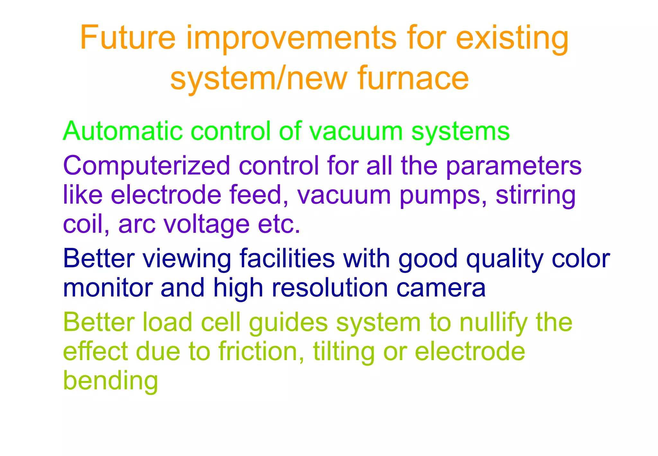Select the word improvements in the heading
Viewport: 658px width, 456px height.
pyautogui.click(x=291, y=39)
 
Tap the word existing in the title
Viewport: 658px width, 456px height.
pyautogui.click(x=512, y=39)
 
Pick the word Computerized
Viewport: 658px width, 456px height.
pyautogui.click(x=147, y=166)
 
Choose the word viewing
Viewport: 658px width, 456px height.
pyautogui.click(x=187, y=259)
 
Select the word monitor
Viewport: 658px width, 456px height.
pyautogui.click(x=108, y=287)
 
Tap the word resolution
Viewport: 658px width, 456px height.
pyautogui.click(x=330, y=287)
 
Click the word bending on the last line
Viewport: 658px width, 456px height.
pyautogui.click(x=111, y=381)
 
